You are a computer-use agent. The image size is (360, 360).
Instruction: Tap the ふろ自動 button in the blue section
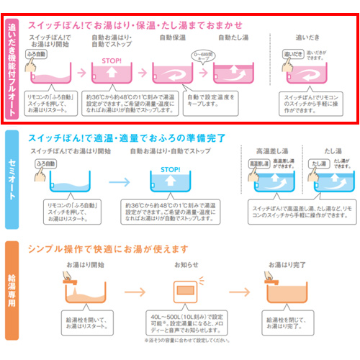44,165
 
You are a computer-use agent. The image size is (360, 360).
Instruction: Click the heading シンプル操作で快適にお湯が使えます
108,248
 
